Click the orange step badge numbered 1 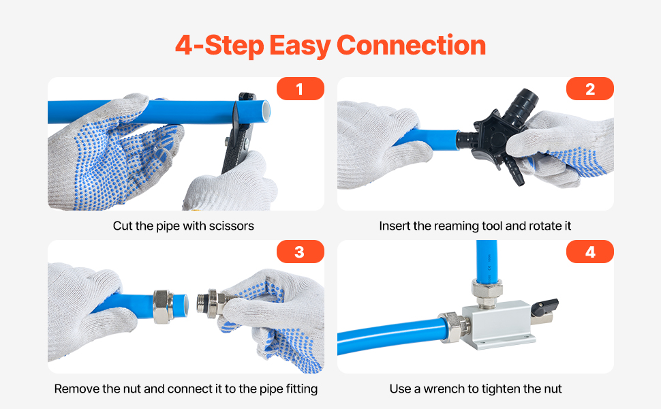tap(300, 89)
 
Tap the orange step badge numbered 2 tap(590, 89)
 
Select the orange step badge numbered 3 tap(300, 252)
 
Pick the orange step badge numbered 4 tap(590, 252)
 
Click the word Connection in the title tap(411, 46)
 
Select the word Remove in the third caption tap(74, 389)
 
